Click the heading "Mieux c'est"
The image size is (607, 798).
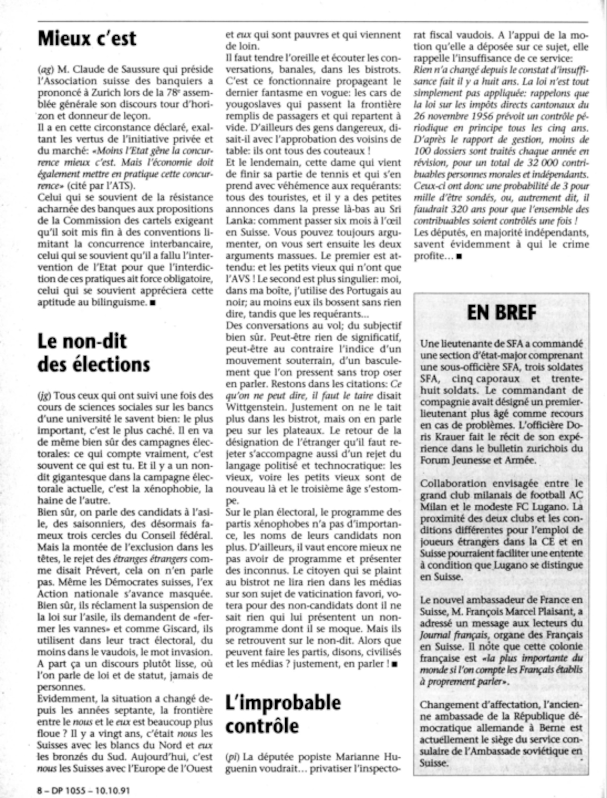pos(87,39)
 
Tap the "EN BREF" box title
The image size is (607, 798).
pos(501,313)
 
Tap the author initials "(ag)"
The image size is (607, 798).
pos(45,70)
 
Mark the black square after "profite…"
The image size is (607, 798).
pos(459,256)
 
